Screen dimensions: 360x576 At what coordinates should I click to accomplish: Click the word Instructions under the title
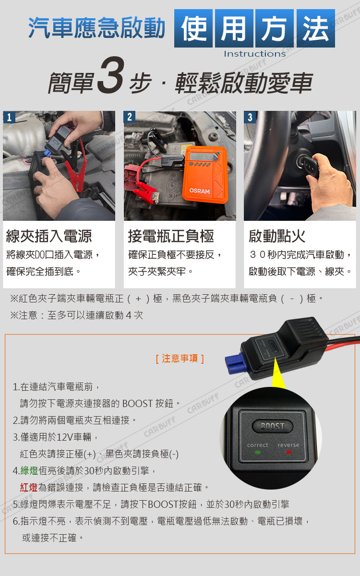tap(254, 54)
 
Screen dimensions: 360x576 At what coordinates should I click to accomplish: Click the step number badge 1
tap(9, 117)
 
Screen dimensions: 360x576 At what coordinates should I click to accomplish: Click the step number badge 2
tap(130, 117)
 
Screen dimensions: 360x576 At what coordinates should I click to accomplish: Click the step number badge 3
tap(250, 117)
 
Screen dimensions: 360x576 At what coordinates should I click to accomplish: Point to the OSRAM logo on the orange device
tap(200, 191)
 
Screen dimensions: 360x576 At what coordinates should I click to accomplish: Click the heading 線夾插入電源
tap(49, 236)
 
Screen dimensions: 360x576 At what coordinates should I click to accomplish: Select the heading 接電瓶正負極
tap(171, 236)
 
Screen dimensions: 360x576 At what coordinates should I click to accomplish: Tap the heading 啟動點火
tap(277, 236)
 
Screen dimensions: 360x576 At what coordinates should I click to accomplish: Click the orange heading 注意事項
tap(180, 359)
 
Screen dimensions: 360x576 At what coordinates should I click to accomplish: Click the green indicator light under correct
tap(258, 452)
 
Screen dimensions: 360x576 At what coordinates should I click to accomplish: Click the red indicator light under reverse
tap(289, 452)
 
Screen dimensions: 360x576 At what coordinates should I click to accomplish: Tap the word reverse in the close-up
tap(288, 445)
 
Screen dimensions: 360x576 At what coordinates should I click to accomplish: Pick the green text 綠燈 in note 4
tap(29, 470)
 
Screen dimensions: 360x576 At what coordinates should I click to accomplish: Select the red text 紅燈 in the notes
tap(29, 487)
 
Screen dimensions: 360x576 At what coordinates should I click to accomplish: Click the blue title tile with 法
tap(316, 28)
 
